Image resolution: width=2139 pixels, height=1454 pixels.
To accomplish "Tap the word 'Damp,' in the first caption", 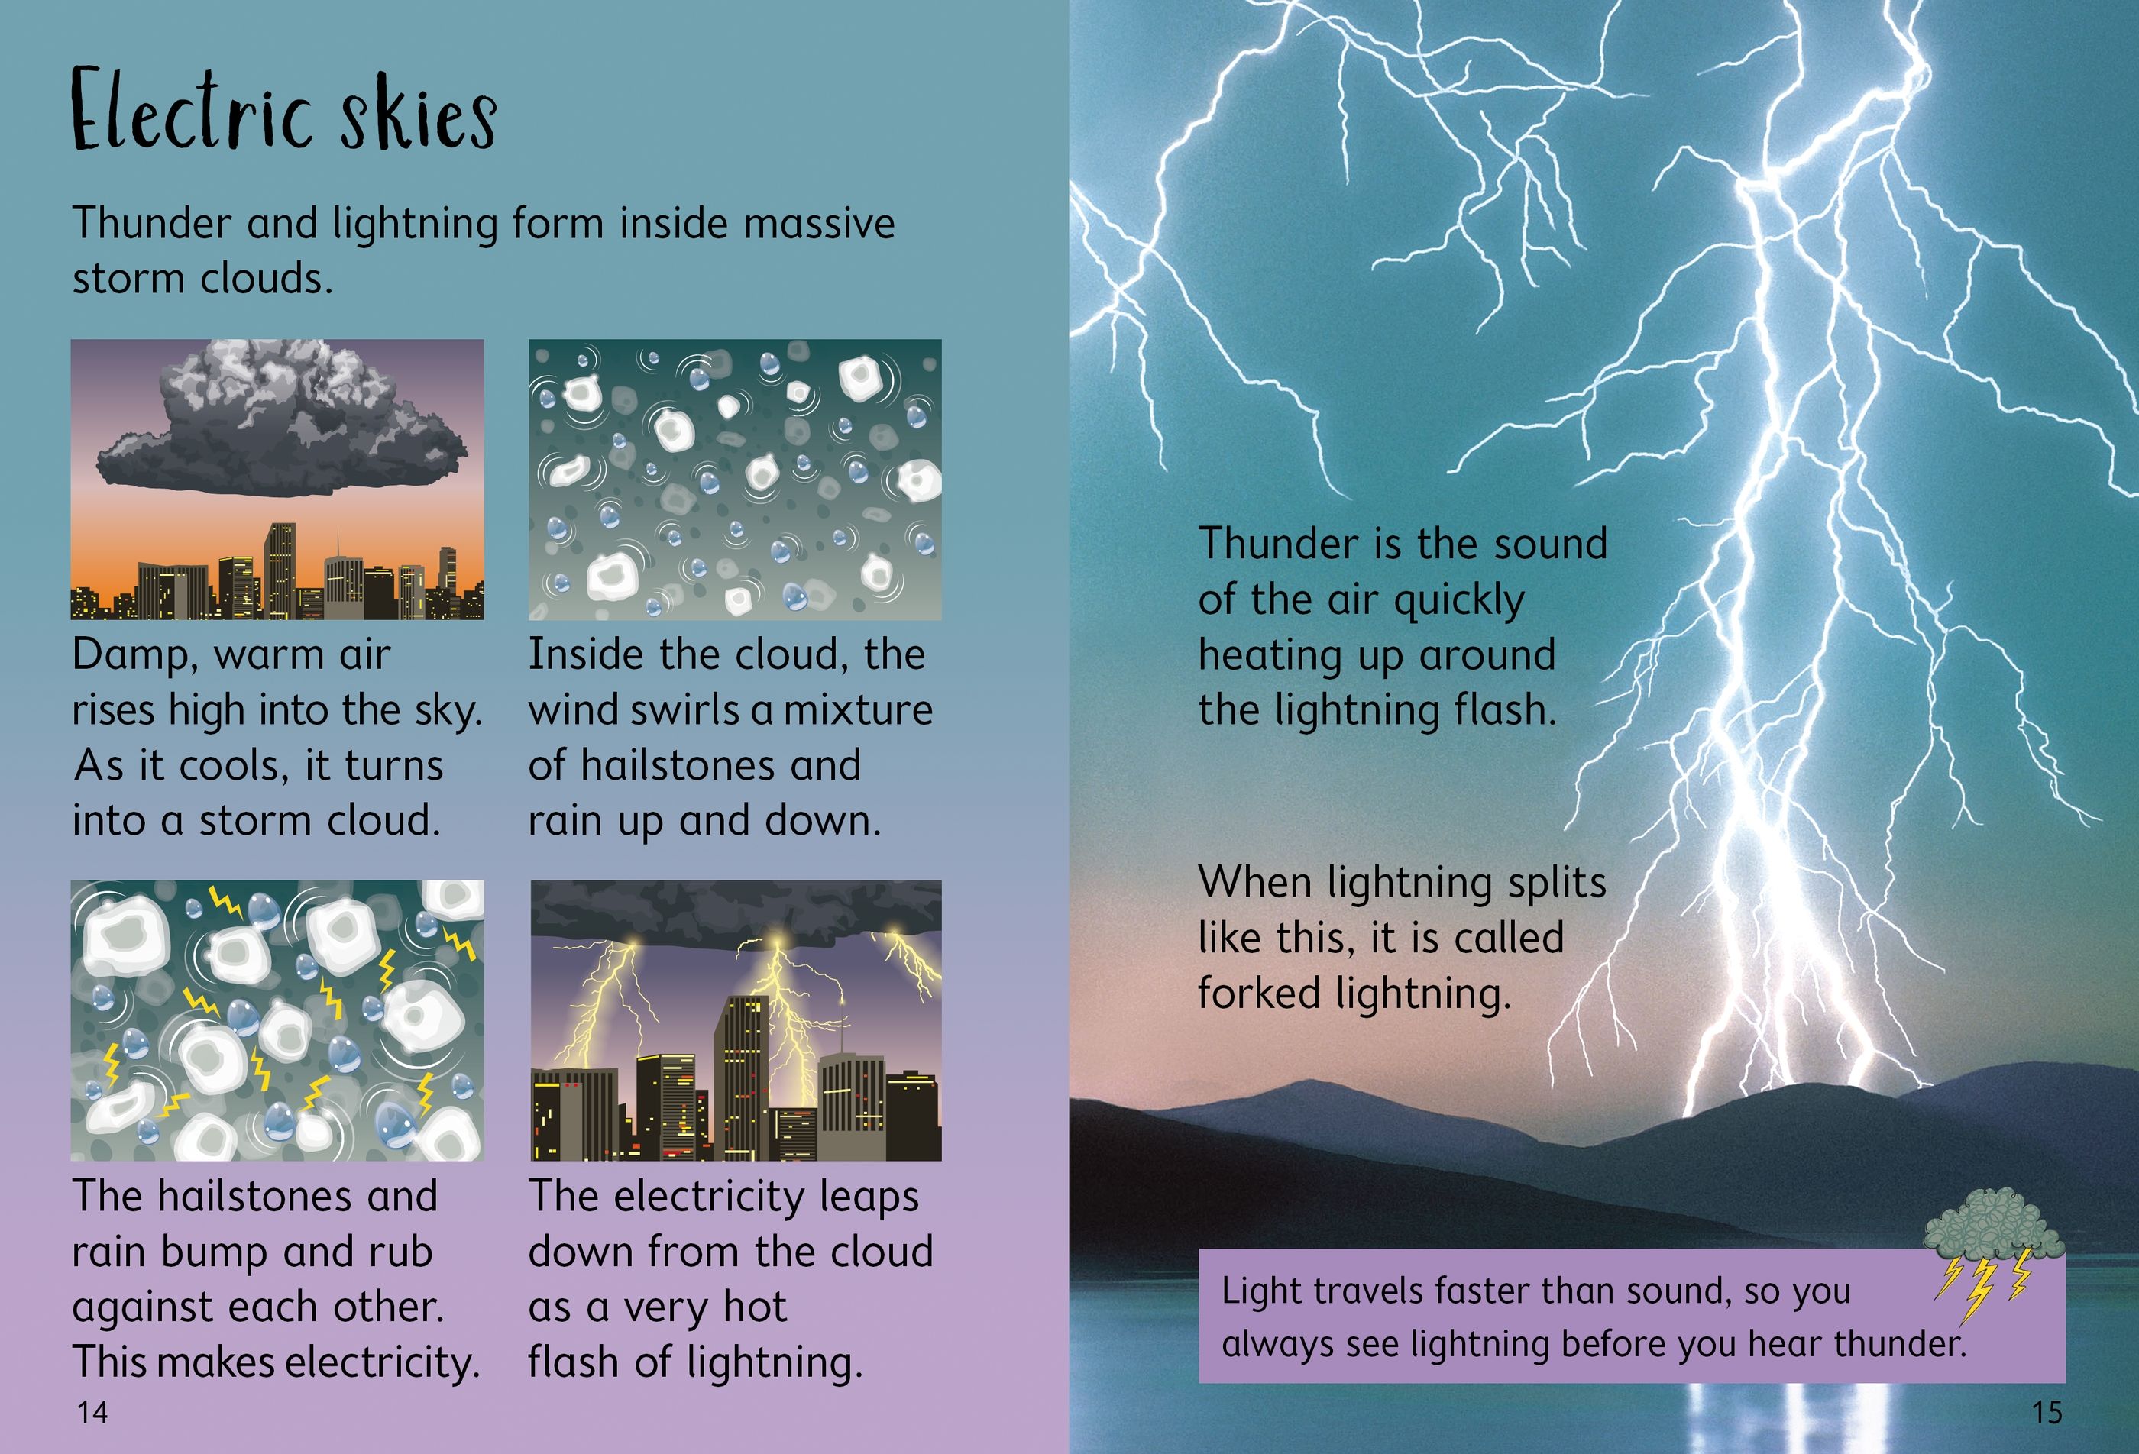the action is tap(135, 655).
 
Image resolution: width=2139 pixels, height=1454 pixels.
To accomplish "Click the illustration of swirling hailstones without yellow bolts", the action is tap(734, 480).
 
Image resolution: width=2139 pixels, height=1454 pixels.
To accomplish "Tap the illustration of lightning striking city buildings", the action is tap(736, 1019).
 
